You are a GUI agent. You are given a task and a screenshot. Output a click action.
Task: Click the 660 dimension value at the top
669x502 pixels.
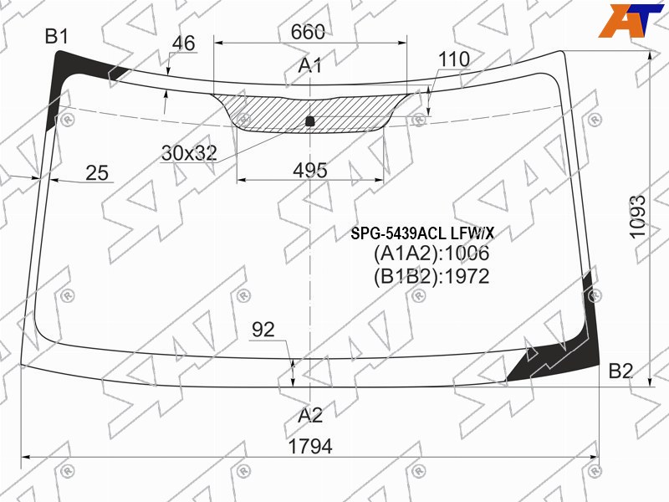coord(308,32)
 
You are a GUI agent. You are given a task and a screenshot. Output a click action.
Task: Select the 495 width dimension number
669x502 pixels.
coord(310,171)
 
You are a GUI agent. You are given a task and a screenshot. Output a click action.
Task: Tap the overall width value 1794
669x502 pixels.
coord(310,447)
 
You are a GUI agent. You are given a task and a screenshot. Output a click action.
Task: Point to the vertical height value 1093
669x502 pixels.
coord(637,217)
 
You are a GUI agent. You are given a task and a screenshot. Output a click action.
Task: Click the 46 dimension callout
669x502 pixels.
coord(183,44)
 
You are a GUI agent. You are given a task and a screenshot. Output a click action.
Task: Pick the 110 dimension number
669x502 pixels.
coord(454,59)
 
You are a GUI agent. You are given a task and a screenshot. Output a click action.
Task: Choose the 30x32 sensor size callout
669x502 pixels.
coord(189,153)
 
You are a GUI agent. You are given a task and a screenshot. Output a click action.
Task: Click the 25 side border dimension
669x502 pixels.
coord(97,173)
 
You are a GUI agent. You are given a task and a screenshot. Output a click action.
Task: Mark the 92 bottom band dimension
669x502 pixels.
coord(263,330)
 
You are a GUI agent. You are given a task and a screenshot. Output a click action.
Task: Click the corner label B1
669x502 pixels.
coord(57,37)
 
